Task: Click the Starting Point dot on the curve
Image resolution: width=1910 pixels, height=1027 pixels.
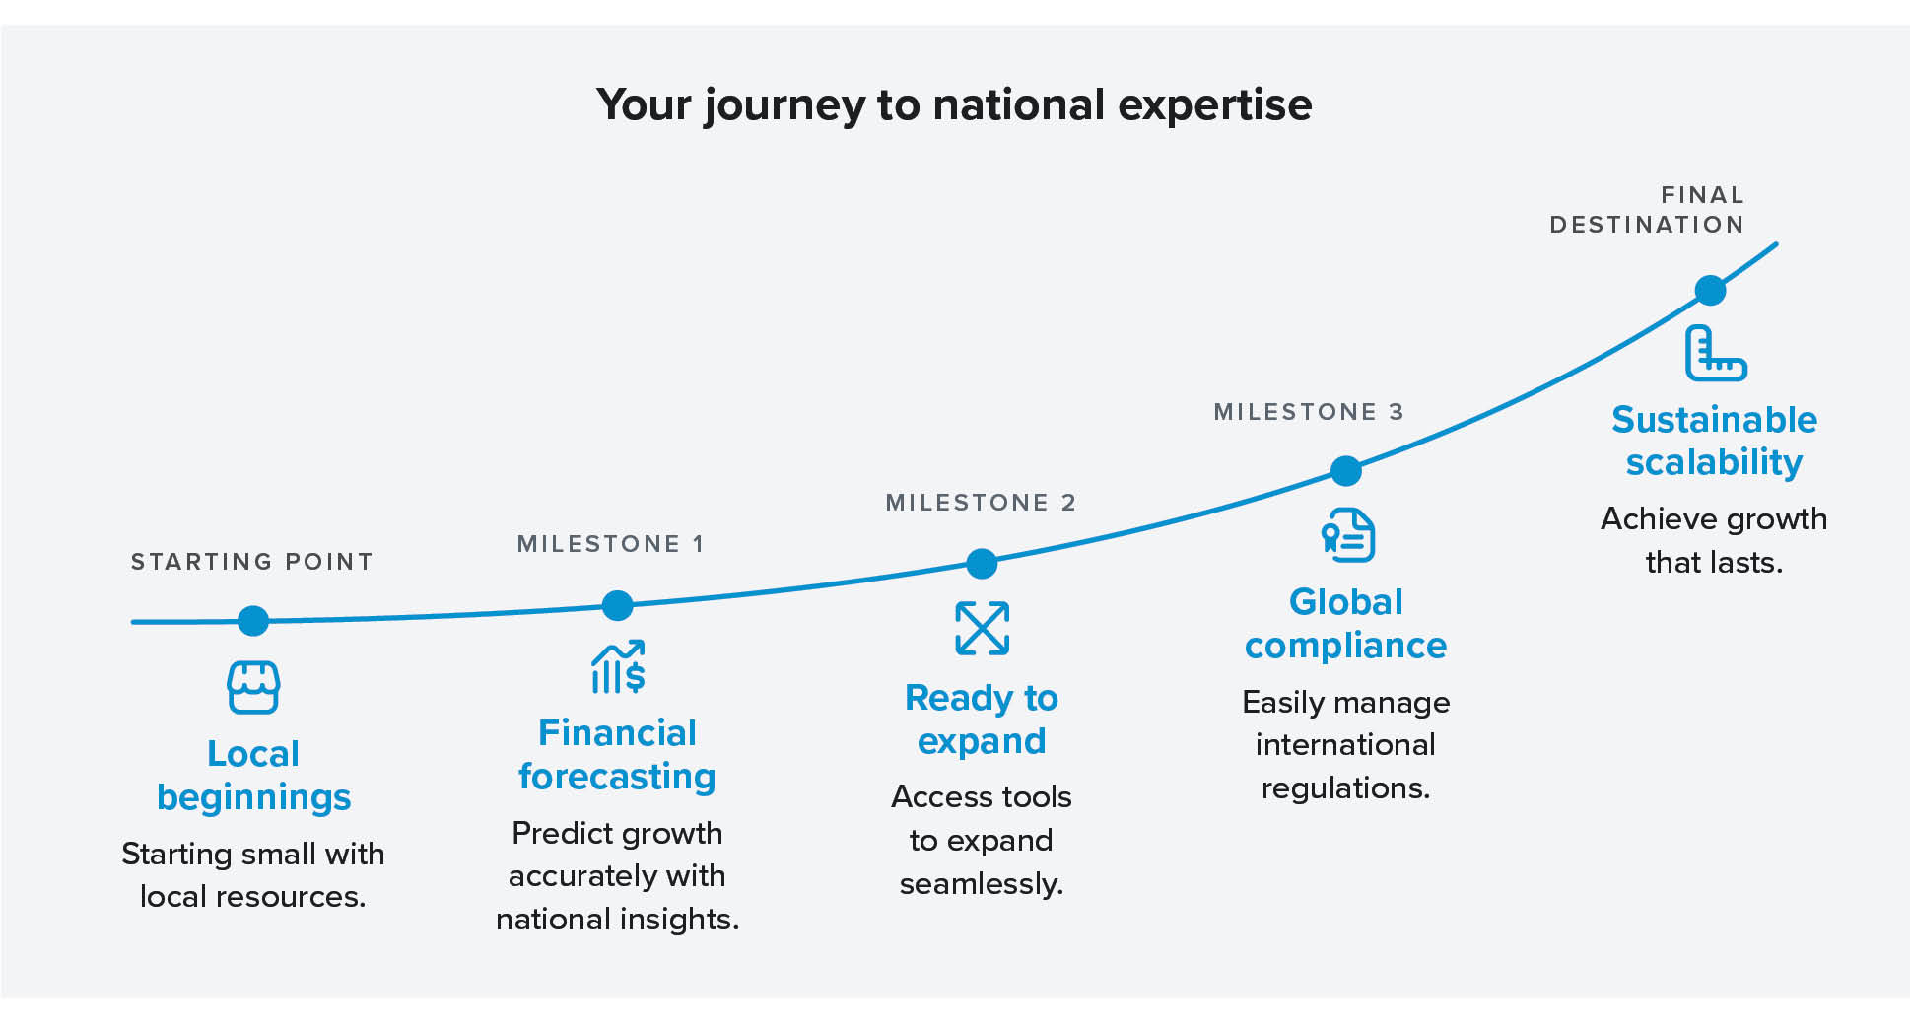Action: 253,620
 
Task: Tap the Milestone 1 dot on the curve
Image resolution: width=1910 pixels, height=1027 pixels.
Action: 617,605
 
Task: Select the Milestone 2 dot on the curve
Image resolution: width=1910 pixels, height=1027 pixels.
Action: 982,564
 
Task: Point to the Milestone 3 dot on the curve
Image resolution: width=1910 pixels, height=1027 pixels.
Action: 1345,471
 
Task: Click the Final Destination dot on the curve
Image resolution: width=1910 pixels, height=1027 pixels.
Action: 1710,290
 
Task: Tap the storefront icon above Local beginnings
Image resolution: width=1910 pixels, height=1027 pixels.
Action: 253,687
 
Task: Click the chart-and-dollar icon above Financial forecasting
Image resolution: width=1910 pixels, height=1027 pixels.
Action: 618,667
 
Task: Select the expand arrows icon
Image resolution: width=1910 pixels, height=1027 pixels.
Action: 982,628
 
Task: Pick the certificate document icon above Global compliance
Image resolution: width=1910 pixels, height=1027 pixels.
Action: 1347,535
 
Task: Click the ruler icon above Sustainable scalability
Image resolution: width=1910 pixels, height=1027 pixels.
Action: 1715,354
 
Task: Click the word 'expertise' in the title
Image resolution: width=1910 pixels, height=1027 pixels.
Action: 1215,104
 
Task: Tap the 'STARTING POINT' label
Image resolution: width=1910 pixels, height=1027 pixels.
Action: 252,562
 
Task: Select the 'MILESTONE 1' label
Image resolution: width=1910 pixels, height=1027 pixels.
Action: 611,544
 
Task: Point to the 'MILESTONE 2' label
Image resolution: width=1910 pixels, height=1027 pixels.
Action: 981,503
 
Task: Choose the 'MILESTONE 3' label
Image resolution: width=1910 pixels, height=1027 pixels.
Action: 1308,412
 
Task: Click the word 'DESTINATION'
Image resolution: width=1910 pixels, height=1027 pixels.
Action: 1647,225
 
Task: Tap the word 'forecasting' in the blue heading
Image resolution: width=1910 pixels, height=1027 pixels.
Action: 617,777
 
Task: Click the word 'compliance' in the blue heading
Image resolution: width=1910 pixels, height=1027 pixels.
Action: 1345,646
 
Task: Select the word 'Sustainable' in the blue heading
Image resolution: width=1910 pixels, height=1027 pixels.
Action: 1714,420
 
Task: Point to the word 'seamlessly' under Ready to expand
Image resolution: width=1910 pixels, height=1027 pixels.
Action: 980,884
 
